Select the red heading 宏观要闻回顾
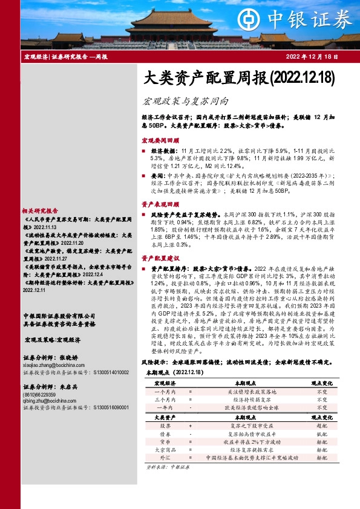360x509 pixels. (159, 139)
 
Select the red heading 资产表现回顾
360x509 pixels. (159, 204)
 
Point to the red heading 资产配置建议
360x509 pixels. (159, 258)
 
